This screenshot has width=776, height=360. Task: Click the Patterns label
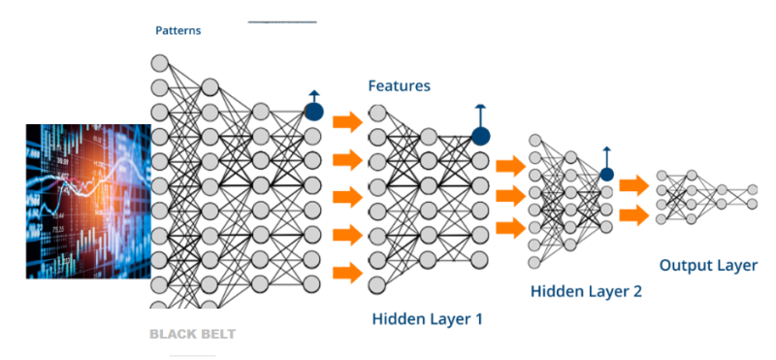click(x=178, y=31)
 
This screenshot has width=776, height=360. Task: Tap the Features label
click(x=399, y=86)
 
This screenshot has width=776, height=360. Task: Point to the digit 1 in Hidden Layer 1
click(x=477, y=318)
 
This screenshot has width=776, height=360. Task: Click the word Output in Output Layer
click(x=686, y=265)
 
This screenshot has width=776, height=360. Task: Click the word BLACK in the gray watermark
click(x=172, y=334)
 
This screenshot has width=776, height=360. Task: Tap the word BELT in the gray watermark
click(x=216, y=334)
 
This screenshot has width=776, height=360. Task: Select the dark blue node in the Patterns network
click(x=313, y=112)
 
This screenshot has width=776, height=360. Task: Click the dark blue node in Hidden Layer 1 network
click(x=480, y=136)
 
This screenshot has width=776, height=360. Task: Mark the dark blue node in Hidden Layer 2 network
click(x=606, y=175)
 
